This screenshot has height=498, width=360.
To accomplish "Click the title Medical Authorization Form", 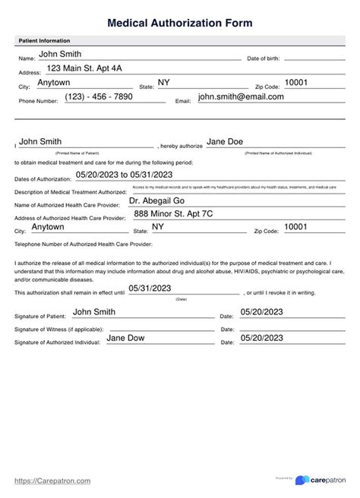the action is tap(180, 24).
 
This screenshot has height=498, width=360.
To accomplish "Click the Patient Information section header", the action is tap(43, 40).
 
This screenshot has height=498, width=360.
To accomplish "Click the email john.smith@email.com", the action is tap(241, 97).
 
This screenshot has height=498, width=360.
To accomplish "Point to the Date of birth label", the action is tap(264, 58).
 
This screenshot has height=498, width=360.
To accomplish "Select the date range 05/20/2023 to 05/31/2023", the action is tap(125, 175).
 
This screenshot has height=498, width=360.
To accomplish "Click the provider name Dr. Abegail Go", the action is tap(159, 201).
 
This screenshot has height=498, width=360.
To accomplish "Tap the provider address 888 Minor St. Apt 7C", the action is tap(175, 214).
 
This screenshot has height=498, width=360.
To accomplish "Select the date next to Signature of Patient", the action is tap(261, 311).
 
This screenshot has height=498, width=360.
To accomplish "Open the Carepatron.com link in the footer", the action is tap(52, 481).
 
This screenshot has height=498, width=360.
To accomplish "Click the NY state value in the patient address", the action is tap(164, 82).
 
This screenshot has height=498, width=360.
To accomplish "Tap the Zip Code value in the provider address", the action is tap(295, 227).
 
